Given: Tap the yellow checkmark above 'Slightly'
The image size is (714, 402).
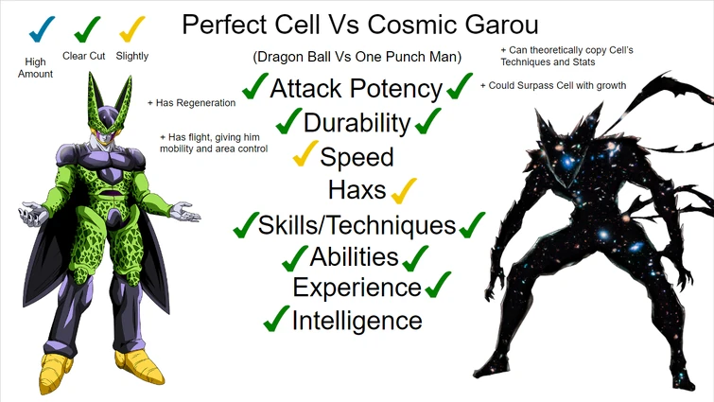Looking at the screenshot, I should point(131,29).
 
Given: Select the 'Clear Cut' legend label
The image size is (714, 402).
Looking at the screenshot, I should point(84,56).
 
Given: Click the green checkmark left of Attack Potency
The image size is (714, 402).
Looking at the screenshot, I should point(254,88).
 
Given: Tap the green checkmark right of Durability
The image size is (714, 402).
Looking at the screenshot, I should point(427,121).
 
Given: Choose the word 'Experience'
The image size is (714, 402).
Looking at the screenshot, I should point(357,287).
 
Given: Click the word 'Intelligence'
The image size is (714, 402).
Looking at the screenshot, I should point(357,320).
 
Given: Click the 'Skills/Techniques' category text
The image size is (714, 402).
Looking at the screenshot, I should point(357,224).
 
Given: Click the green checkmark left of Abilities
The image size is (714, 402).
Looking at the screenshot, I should point(295,256).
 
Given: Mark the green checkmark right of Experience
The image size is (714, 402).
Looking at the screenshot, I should point(438,284).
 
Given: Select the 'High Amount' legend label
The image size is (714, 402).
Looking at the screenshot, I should point(35,68).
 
